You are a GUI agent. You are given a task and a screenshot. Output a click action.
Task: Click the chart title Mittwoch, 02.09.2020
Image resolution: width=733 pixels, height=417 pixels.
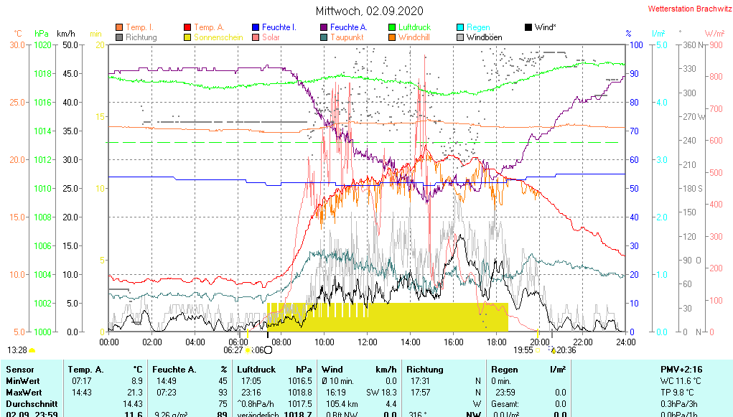(369, 11)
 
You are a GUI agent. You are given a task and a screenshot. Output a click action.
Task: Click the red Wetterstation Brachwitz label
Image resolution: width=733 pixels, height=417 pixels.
(685, 9)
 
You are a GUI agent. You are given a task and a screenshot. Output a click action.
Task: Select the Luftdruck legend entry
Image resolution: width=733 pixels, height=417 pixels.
(414, 27)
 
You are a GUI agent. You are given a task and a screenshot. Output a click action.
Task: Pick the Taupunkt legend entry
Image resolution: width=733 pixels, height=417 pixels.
(347, 37)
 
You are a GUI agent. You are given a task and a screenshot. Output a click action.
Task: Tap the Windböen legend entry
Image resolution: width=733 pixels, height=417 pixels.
(484, 37)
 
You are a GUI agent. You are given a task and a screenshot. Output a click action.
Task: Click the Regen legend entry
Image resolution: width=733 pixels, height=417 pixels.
(478, 27)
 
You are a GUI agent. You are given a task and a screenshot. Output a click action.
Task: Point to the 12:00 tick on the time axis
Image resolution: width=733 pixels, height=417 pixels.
(368, 342)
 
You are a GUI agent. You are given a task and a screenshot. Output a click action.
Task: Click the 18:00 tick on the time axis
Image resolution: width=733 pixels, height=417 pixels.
(497, 342)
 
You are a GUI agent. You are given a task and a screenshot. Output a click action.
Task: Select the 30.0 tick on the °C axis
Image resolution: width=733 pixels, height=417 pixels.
(17, 44)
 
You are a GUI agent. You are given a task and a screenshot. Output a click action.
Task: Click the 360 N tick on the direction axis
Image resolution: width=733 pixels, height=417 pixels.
(690, 44)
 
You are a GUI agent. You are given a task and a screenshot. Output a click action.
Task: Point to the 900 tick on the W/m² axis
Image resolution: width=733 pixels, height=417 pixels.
(715, 44)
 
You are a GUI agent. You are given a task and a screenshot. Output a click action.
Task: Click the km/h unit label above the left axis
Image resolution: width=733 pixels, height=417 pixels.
(66, 34)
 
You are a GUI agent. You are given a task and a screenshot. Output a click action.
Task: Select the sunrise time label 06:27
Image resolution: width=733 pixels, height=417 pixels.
(233, 350)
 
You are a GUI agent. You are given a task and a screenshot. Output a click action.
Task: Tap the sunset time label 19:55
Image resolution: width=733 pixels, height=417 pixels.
(523, 350)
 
